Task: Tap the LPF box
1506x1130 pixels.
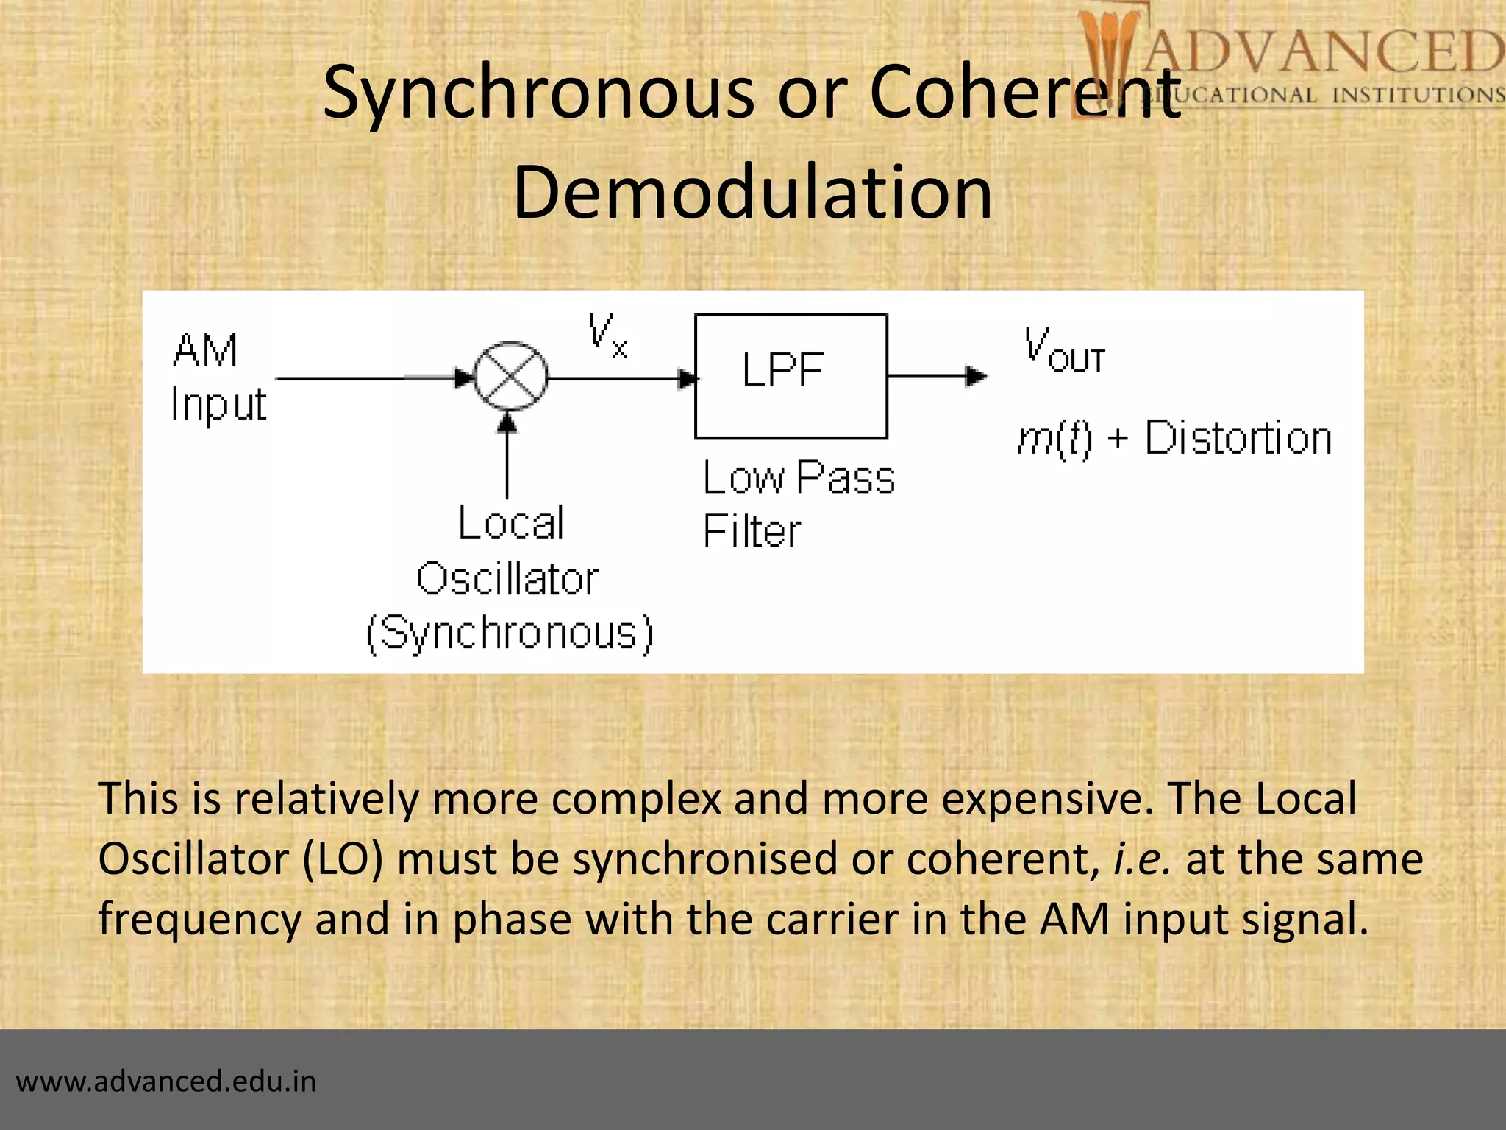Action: tap(791, 376)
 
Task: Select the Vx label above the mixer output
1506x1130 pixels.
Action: tap(607, 335)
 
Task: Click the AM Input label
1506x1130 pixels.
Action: tap(217, 377)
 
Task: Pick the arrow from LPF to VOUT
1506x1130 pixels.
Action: tap(938, 376)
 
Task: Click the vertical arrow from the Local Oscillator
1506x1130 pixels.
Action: tap(507, 456)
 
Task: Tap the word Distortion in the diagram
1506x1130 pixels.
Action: tap(1238, 439)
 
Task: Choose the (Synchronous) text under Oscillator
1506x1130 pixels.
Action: tap(509, 633)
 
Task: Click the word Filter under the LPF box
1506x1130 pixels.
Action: tap(751, 530)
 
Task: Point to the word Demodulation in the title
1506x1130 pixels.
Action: tap(752, 192)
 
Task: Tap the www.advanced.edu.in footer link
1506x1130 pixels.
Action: tap(166, 1081)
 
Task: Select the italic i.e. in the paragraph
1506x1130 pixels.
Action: tap(1142, 859)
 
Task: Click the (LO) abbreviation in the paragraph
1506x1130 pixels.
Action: tap(343, 859)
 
